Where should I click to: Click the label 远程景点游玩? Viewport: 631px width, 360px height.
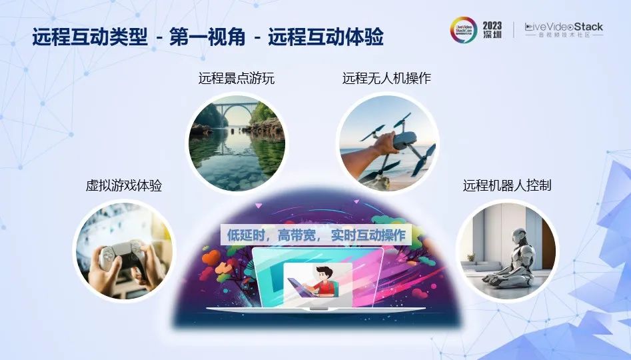(x=237, y=78)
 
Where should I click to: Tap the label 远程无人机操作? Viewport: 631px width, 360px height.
(x=386, y=78)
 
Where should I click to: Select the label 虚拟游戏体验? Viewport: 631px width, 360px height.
(x=123, y=185)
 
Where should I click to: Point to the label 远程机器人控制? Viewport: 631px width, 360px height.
(x=506, y=185)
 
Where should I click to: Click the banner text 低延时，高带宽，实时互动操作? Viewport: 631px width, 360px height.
(x=316, y=235)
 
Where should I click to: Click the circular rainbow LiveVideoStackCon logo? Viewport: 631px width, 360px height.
(x=463, y=30)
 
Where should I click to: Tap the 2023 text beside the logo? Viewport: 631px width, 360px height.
(x=492, y=25)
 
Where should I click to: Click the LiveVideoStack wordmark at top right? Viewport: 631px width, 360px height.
(x=564, y=27)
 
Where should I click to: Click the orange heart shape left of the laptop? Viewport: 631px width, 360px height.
(x=211, y=258)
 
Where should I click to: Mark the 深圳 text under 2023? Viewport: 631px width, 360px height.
(x=492, y=34)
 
